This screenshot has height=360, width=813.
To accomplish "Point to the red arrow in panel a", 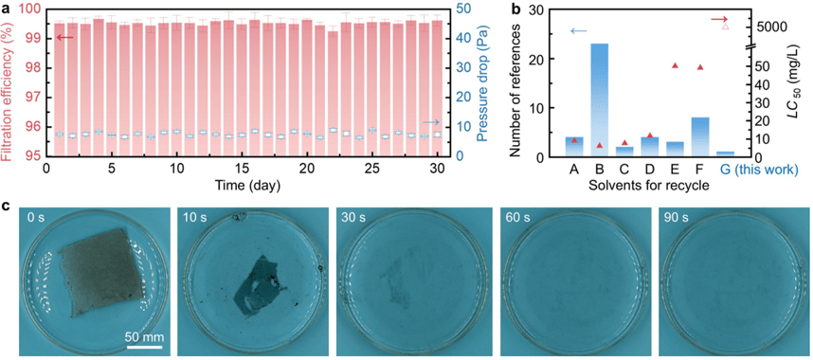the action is (x=65, y=37).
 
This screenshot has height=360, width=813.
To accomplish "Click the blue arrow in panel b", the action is (x=578, y=31).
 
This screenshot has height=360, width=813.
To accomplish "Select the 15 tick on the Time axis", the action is (x=242, y=170).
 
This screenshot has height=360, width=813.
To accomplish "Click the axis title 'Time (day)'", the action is (x=243, y=184).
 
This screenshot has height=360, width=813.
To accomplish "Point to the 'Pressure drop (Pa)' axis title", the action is (x=482, y=82).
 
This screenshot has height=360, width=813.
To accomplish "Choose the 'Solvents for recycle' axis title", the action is (x=650, y=185).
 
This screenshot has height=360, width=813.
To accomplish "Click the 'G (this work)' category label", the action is (x=760, y=171).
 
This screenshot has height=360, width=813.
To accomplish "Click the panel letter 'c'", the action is (x=6, y=206).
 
